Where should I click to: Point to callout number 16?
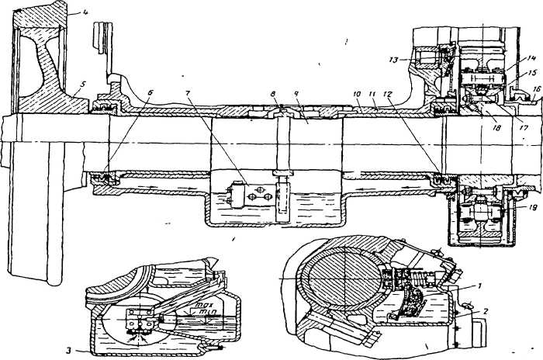tap(536, 88)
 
